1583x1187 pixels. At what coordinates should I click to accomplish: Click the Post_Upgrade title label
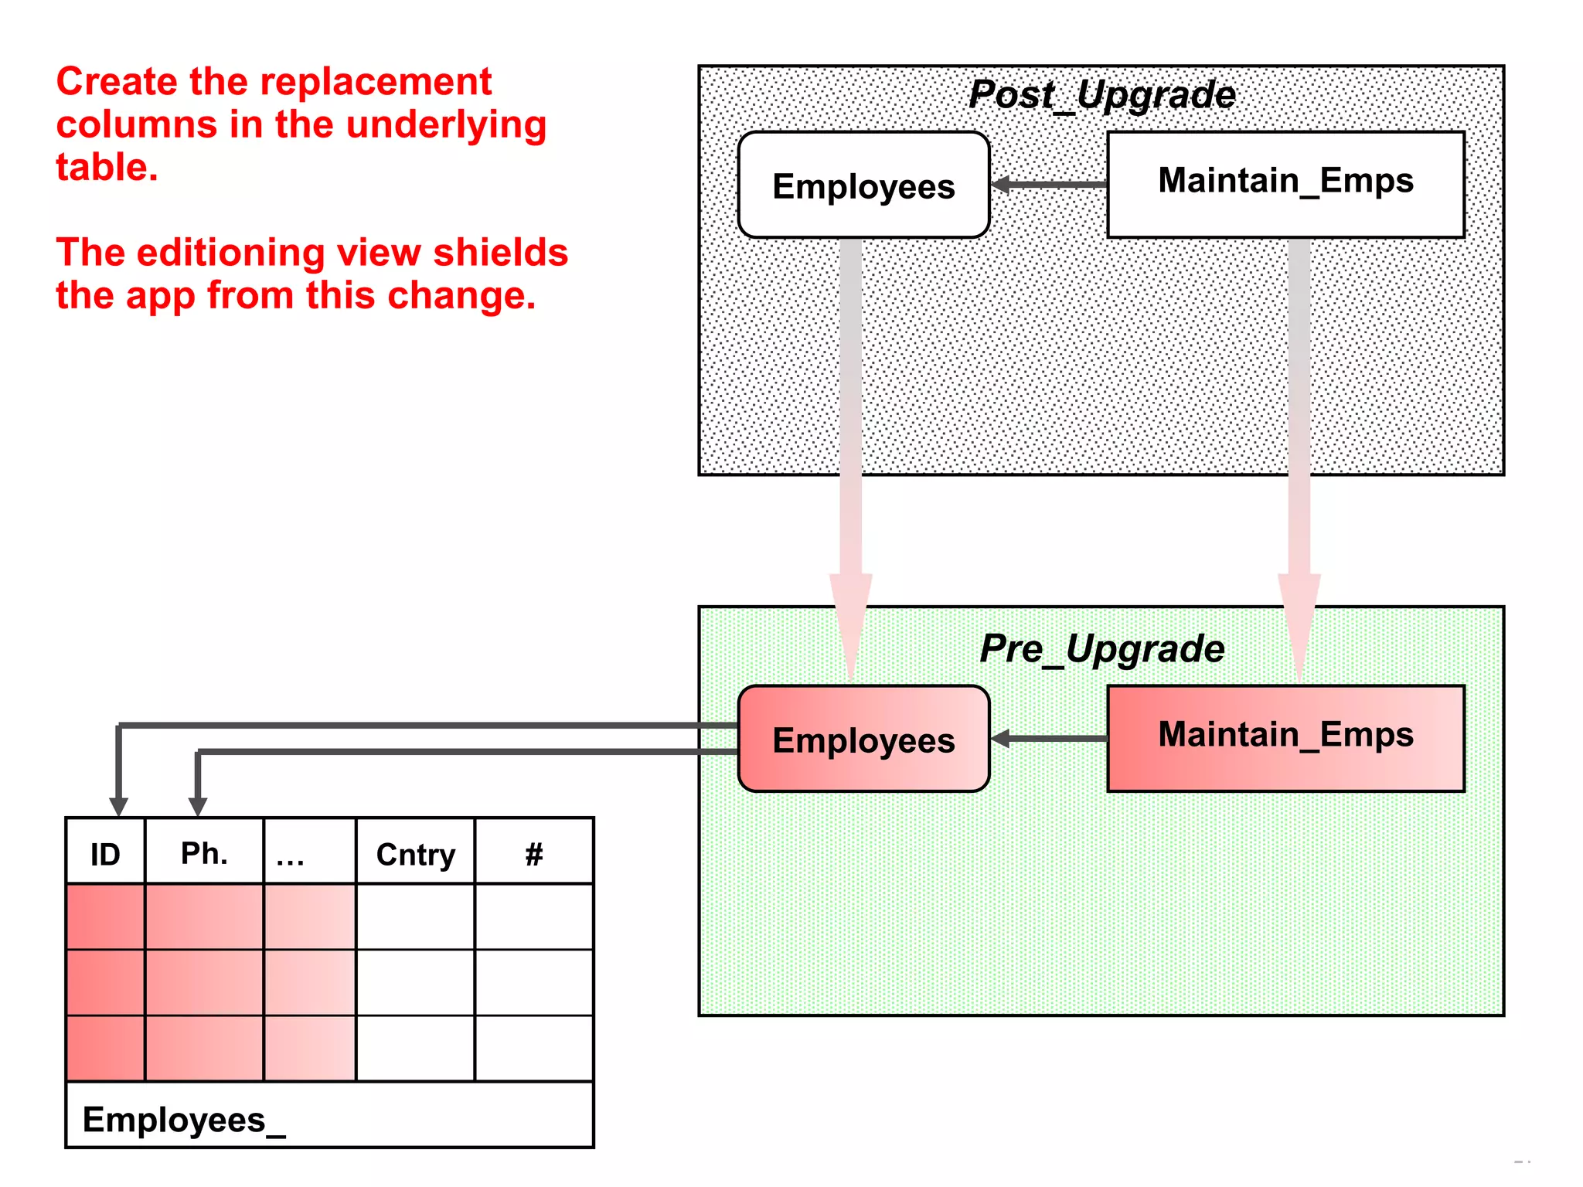(1101, 95)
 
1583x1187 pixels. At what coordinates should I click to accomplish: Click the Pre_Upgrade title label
(1101, 648)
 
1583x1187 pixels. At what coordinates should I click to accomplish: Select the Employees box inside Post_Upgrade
(863, 185)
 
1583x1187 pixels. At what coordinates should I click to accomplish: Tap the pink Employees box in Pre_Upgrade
(863, 740)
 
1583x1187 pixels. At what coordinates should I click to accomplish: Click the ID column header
(105, 853)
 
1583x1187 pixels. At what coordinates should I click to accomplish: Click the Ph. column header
(204, 853)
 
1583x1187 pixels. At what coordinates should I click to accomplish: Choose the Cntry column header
(415, 853)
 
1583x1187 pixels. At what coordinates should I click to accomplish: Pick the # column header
(533, 853)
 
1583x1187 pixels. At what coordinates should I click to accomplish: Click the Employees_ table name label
(183, 1119)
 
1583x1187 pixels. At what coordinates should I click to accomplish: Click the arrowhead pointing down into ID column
(118, 807)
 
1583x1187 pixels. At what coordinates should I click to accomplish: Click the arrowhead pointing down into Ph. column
(198, 807)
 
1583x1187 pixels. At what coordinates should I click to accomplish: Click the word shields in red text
(500, 253)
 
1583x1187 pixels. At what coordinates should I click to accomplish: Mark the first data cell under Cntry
(415, 917)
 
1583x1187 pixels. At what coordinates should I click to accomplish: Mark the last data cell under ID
(105, 1049)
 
